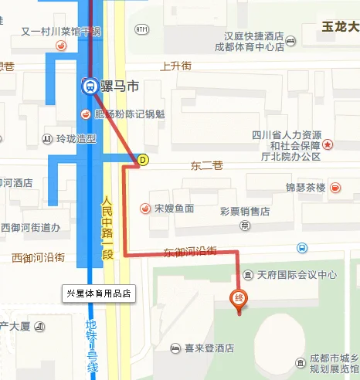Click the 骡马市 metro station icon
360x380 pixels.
pyautogui.click(x=90, y=86)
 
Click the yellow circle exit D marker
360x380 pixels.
pyautogui.click(x=142, y=160)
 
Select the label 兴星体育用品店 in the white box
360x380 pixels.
pyautogui.click(x=100, y=293)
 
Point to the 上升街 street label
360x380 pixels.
pyautogui.click(x=175, y=66)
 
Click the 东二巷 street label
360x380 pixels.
pyautogui.click(x=206, y=165)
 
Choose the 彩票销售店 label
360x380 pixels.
pyautogui.click(x=244, y=211)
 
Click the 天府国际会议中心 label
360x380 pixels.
pyautogui.click(x=297, y=274)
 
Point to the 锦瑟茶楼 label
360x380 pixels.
pyautogui.click(x=306, y=188)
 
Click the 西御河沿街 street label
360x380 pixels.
pyautogui.click(x=37, y=256)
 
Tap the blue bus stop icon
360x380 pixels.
pyautogui.click(x=301, y=248)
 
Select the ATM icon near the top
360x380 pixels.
pyautogui.click(x=141, y=29)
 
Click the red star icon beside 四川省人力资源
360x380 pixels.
pyautogui.click(x=328, y=144)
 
